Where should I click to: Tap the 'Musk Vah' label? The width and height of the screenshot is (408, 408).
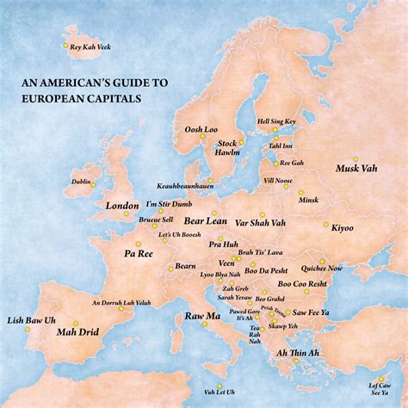click(x=354, y=168)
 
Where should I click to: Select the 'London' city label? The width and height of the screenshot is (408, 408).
click(x=122, y=207)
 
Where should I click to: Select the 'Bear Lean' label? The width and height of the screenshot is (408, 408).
click(x=204, y=221)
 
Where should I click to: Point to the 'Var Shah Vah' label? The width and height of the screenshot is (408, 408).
click(x=260, y=222)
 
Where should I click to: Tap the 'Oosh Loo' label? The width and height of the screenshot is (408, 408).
click(x=200, y=130)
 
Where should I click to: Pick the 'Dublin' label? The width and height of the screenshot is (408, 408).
click(x=82, y=182)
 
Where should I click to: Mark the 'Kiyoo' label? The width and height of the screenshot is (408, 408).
click(x=342, y=227)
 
